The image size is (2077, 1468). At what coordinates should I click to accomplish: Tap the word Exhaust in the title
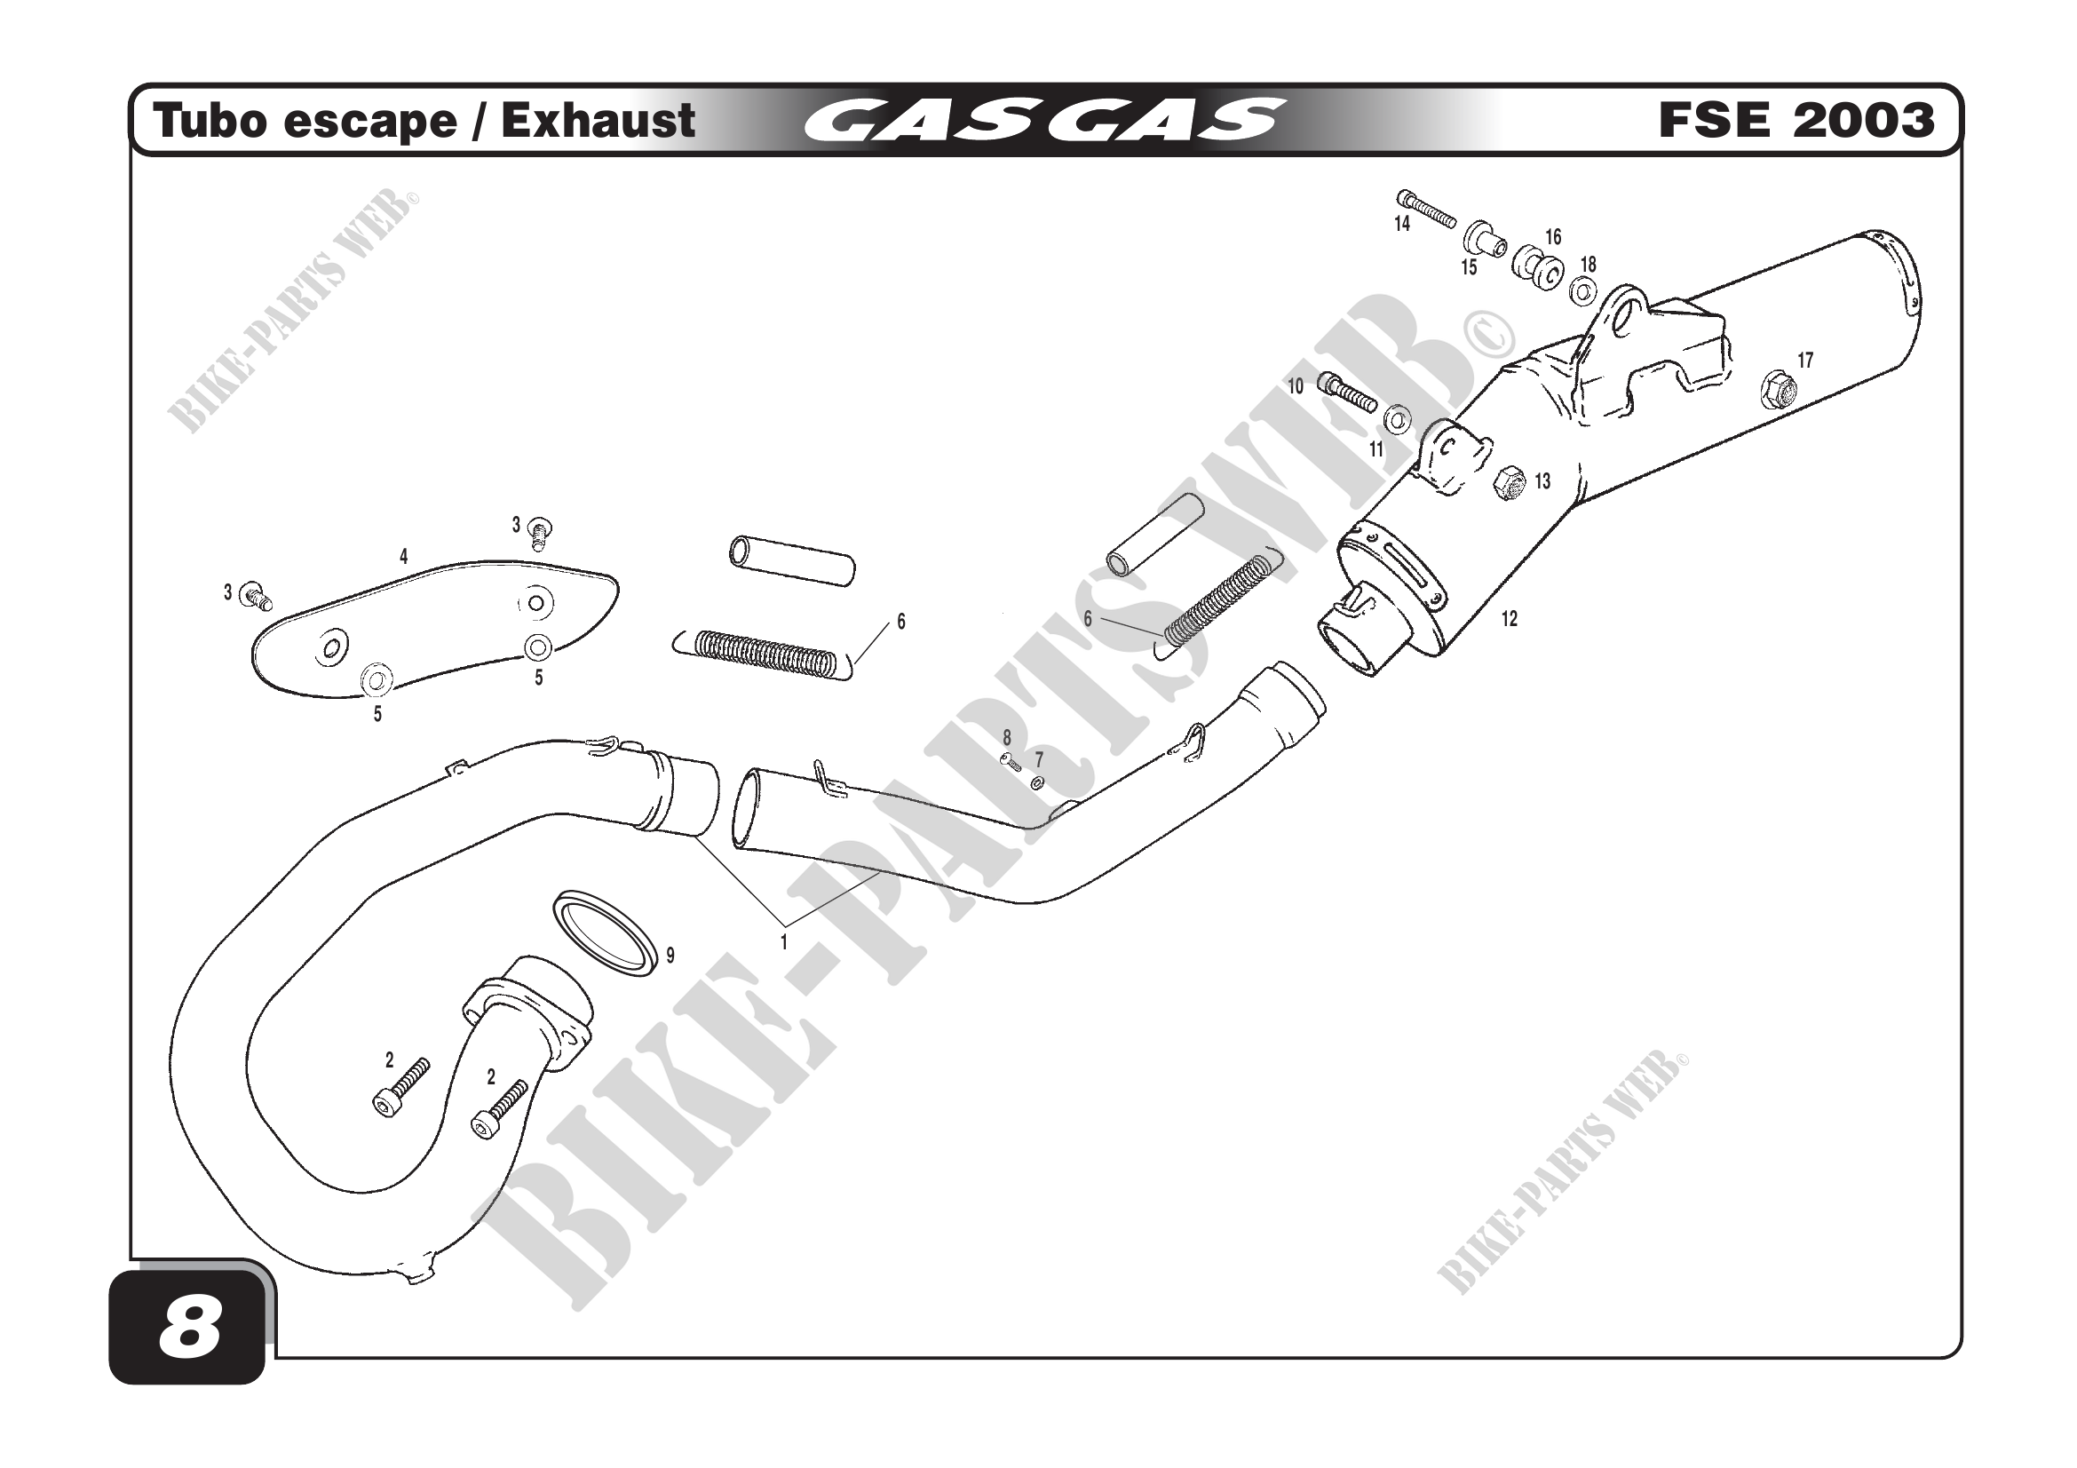598,121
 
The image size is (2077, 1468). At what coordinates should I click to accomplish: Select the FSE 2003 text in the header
1796,121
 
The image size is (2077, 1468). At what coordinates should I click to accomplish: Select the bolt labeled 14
1427,209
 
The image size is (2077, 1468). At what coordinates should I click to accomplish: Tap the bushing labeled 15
1485,242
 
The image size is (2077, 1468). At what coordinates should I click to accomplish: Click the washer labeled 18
1583,291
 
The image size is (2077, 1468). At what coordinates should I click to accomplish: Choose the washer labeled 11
1398,420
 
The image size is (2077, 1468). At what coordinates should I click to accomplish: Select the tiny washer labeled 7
1036,781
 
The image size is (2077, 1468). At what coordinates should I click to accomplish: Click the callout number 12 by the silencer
1509,620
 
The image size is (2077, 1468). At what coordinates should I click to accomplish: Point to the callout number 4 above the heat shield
403,557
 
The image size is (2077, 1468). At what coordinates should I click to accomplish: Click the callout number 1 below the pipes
784,942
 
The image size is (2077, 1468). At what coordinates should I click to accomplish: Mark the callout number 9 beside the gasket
670,956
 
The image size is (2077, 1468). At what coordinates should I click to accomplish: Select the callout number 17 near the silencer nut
1804,361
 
